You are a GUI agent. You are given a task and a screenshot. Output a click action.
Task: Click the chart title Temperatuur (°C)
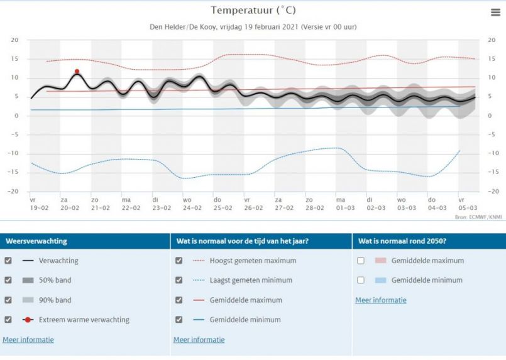point(253,10)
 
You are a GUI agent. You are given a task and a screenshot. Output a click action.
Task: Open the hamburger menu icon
point(495,13)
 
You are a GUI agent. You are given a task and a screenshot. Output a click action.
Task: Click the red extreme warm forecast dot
point(77,72)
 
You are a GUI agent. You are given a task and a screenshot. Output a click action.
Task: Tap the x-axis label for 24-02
point(192,207)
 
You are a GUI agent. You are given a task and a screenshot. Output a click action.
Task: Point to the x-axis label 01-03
point(344,207)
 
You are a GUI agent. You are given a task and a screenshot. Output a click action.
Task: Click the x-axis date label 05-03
point(467,207)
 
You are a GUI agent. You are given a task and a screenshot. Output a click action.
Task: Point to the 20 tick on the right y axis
point(492,40)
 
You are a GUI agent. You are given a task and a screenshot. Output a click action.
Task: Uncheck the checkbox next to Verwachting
point(8,261)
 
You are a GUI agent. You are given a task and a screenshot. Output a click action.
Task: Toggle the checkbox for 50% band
point(8,280)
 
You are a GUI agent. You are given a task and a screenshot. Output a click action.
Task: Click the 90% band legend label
point(55,300)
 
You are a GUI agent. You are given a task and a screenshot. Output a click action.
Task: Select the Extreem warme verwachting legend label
point(84,320)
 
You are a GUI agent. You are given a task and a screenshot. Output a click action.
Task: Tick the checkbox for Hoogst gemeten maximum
point(179,261)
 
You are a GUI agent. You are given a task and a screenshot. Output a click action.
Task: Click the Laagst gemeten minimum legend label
point(251,280)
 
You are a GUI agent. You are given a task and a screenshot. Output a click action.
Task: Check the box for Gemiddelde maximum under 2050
point(361,261)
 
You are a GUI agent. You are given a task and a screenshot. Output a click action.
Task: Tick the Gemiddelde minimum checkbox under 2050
point(361,280)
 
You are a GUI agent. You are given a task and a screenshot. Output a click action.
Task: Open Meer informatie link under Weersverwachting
point(28,340)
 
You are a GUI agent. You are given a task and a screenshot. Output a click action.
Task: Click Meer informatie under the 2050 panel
point(381,300)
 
